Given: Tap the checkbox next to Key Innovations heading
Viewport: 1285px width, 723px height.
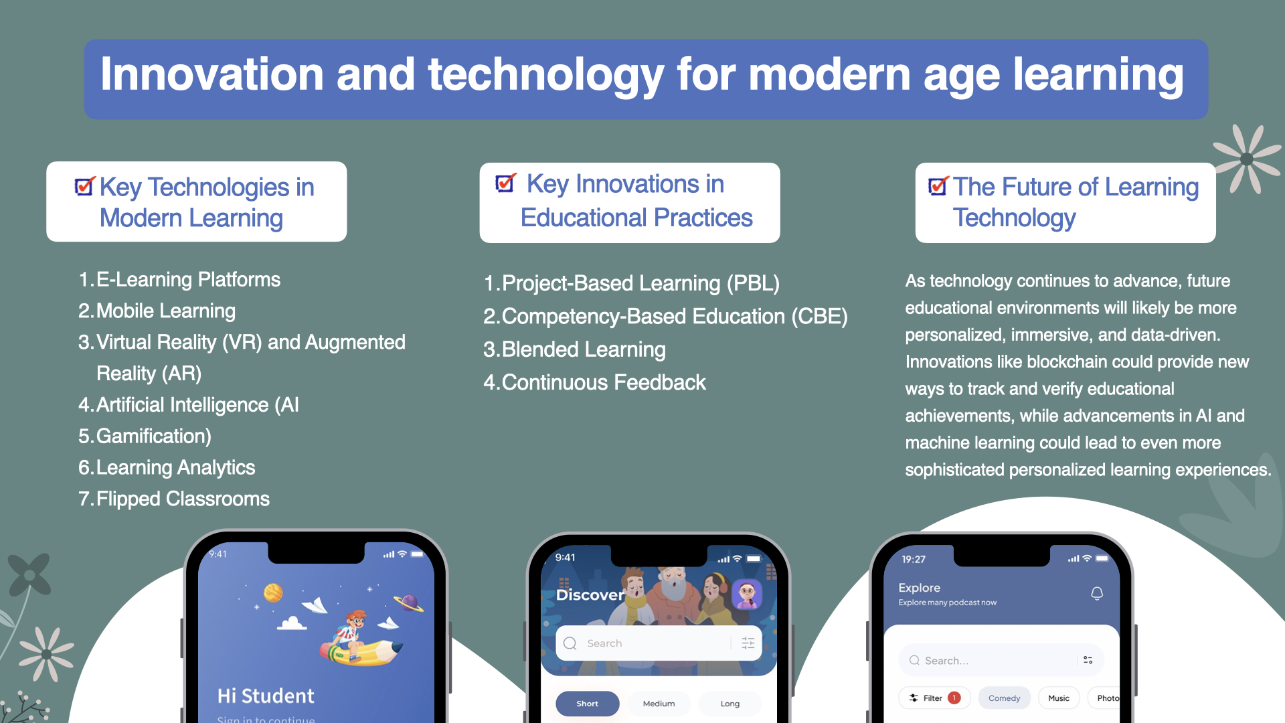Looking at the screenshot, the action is point(505,182).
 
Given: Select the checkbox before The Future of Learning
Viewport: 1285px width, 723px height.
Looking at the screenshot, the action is point(938,185).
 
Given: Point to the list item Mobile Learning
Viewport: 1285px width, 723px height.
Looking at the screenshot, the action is point(166,311).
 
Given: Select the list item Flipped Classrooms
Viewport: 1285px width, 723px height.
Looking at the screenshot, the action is point(183,499).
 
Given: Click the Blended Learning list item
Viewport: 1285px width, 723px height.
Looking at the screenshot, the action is point(584,349).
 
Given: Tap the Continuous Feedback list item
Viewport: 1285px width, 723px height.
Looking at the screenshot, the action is point(604,382).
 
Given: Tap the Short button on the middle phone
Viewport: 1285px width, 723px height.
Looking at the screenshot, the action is point(588,704).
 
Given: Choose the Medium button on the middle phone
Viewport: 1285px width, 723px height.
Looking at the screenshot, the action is point(659,704).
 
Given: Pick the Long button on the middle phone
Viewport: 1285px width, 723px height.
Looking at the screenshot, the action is point(730,704).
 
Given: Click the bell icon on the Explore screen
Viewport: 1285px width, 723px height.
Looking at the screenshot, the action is point(1097,594).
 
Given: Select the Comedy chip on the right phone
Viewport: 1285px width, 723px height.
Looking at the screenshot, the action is point(1005,698).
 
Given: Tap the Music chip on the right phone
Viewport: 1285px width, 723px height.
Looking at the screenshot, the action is point(1059,698).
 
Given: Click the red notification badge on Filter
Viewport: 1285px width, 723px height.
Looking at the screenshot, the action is point(954,698).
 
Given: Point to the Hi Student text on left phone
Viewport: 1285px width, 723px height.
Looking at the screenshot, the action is point(266,696).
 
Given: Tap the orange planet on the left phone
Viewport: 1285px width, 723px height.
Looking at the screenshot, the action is point(273,592).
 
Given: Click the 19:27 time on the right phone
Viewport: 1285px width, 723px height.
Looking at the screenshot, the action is point(914,560).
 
